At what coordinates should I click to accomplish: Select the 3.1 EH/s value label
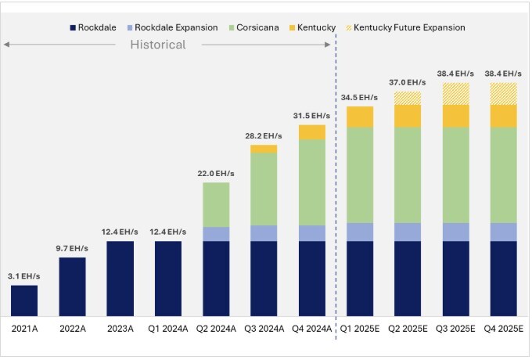pyautogui.click(x=24, y=275)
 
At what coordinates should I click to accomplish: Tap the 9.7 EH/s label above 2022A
pyautogui.click(x=72, y=247)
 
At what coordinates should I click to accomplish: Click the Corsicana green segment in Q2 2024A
pyautogui.click(x=216, y=204)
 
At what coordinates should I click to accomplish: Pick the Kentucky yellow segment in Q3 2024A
pyautogui.click(x=264, y=149)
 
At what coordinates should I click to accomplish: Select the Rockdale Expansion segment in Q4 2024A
pyautogui.click(x=312, y=232)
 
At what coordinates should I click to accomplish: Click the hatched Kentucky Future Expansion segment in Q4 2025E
pyautogui.click(x=503, y=93)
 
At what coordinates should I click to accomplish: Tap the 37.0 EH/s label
pyautogui.click(x=408, y=82)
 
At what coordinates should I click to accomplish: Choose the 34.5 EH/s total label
pyautogui.click(x=360, y=97)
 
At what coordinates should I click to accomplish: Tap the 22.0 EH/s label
pyautogui.click(x=216, y=173)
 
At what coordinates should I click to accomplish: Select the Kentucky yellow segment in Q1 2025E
pyautogui.click(x=360, y=117)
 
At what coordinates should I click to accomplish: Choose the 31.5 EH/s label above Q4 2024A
pyautogui.click(x=312, y=115)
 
